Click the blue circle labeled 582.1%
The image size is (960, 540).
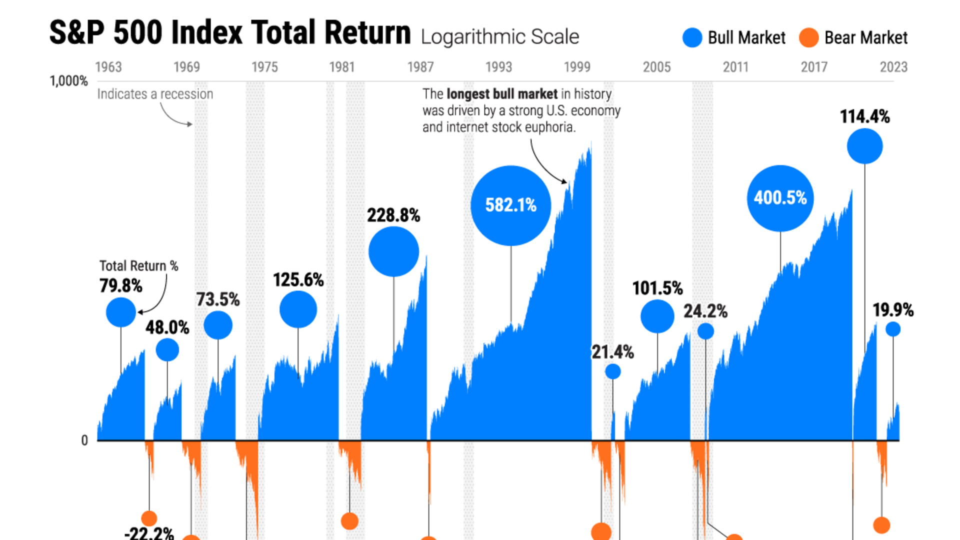point(510,205)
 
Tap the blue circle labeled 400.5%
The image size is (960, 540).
point(780,198)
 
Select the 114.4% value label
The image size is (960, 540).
point(864,116)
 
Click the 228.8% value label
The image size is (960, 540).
point(393,215)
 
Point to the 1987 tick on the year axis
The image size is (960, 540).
point(420,67)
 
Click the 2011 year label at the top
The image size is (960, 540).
point(735,67)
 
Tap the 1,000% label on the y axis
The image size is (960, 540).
point(68,81)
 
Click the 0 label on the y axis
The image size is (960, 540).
point(84,440)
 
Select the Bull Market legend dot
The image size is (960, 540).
point(692,38)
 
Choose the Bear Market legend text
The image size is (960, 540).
point(865,38)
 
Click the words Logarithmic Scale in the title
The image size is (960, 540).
point(500,37)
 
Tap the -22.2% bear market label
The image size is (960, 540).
point(149,533)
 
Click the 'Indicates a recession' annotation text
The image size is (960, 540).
point(155,94)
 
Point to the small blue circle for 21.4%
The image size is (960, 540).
point(612,371)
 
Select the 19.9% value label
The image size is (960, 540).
point(893,310)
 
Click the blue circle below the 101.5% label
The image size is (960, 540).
point(657,316)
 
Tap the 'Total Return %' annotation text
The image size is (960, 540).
point(138,266)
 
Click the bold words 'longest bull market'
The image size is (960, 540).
point(501,94)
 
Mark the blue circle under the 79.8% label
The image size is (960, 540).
point(121,312)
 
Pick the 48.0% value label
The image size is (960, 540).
point(167,327)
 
